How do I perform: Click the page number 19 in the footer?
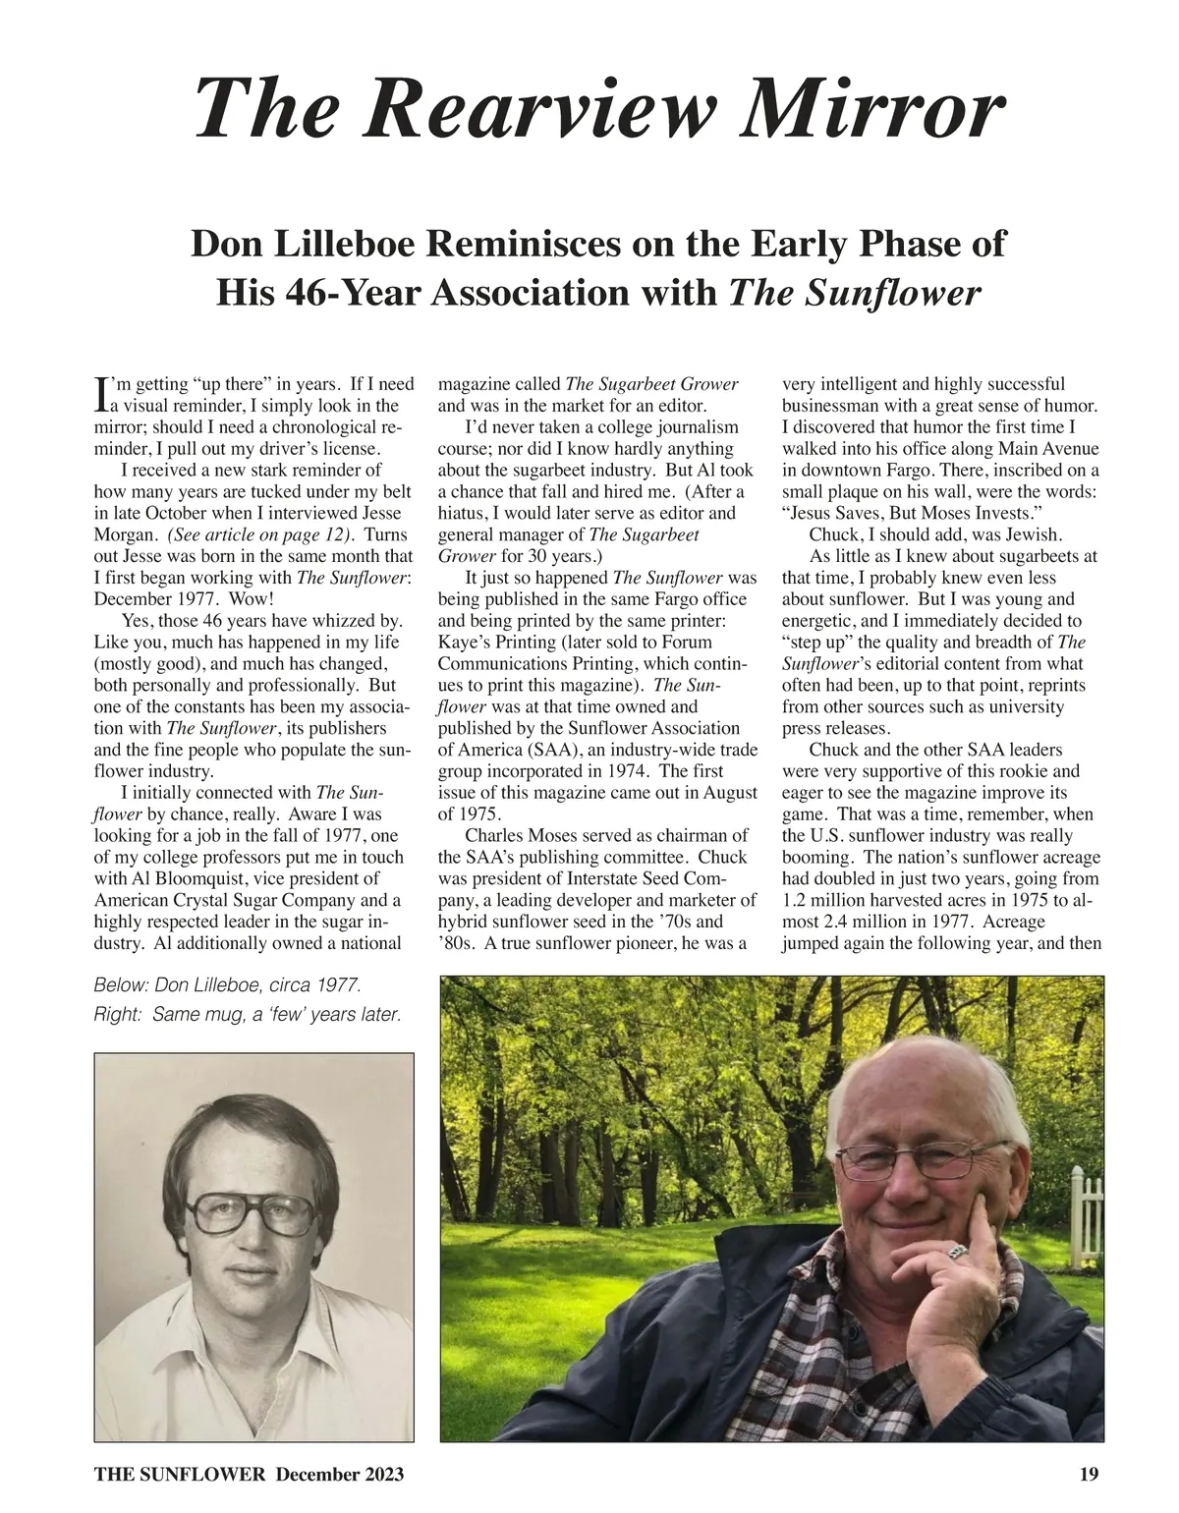click(x=1088, y=1474)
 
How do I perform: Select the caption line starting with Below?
click(x=228, y=985)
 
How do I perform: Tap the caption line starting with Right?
click(x=248, y=1014)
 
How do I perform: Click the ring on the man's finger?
click(x=959, y=1252)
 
